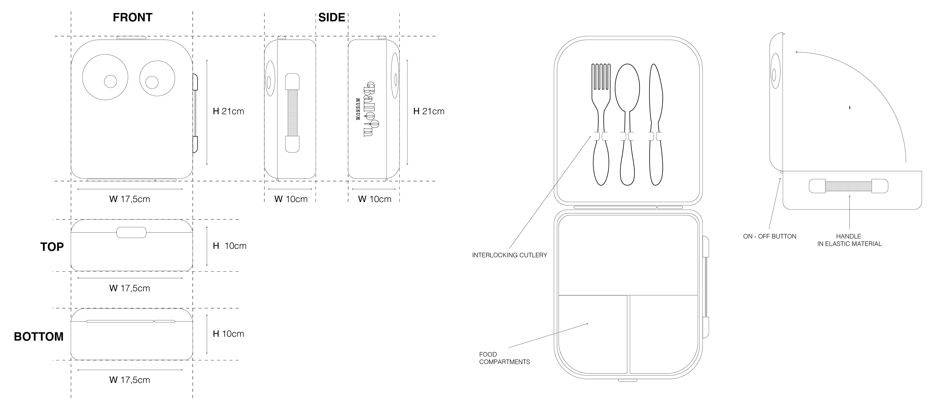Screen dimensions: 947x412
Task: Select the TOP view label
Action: coord(52,247)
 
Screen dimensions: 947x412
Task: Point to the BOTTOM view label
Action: coord(39,336)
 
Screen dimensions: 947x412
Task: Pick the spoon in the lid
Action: coord(627,125)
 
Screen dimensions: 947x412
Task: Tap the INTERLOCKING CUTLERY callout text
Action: coord(509,255)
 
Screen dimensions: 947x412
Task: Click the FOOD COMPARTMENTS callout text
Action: coord(504,358)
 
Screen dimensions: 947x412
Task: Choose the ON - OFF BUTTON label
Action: coord(769,236)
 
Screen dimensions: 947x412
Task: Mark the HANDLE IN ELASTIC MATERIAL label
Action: coord(849,240)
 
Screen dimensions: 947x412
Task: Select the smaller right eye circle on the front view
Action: coord(157,79)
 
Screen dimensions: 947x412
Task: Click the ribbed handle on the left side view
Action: coord(292,113)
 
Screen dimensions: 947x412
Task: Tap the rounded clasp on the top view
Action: coord(131,232)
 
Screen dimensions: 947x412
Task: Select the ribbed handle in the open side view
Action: coord(848,186)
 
